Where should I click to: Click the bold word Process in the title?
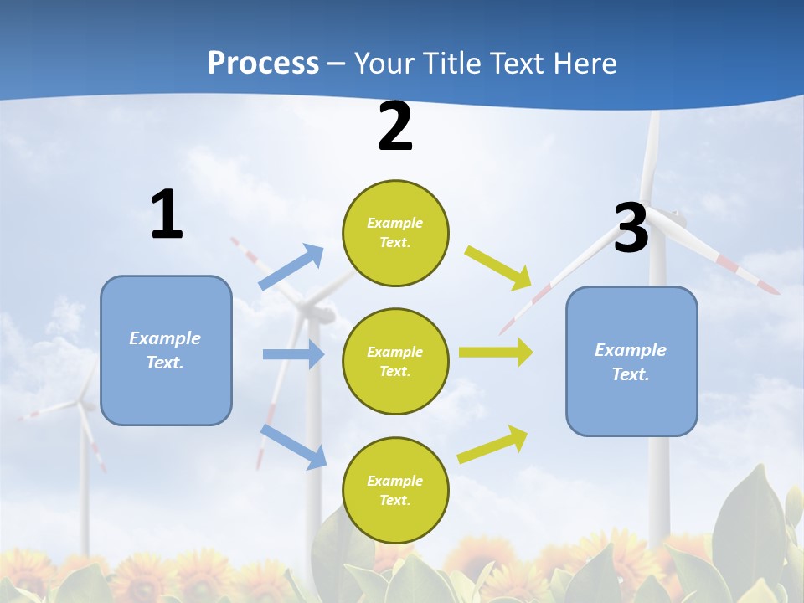263,63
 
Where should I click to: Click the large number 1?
167,214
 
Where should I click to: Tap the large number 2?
395,126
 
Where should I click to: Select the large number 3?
631,229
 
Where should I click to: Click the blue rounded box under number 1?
166,350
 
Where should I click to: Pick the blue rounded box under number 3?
631,361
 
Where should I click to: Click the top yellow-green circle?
395,233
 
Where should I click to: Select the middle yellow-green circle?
395,361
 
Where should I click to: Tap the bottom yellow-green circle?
395,490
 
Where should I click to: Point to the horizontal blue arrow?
293,354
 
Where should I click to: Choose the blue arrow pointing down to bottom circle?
294,446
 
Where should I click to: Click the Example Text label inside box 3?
631,362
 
